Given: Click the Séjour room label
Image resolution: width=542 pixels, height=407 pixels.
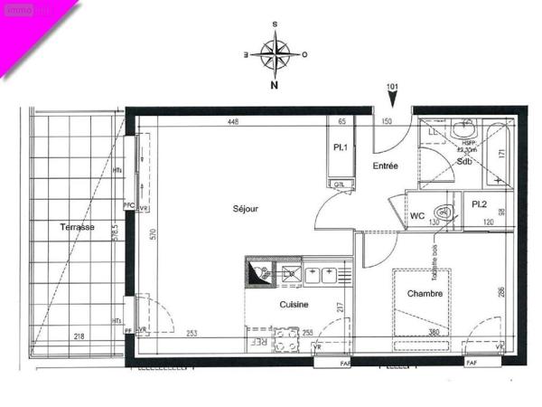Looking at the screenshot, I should point(245,209).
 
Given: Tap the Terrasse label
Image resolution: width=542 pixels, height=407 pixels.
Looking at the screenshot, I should point(78,227).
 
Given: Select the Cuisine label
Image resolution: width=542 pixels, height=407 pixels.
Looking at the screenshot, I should point(295,304).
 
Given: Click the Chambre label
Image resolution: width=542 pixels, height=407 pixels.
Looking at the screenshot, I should point(424,294).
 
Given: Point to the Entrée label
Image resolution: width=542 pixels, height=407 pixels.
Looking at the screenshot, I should point(384,166).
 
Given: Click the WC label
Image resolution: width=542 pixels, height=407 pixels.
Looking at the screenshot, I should point(417,216).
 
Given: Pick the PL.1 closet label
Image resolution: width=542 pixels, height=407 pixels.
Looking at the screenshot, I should point(341,147).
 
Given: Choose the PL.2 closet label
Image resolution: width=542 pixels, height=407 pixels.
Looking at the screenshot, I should point(480,204).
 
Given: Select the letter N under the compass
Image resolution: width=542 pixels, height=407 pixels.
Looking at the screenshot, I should point(274,88).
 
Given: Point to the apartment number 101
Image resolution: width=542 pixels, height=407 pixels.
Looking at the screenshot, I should point(392,87).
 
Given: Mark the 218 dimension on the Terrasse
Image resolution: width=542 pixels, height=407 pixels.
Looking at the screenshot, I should point(80,336).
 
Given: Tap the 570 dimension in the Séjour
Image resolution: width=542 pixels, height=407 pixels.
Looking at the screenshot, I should point(154,235).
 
